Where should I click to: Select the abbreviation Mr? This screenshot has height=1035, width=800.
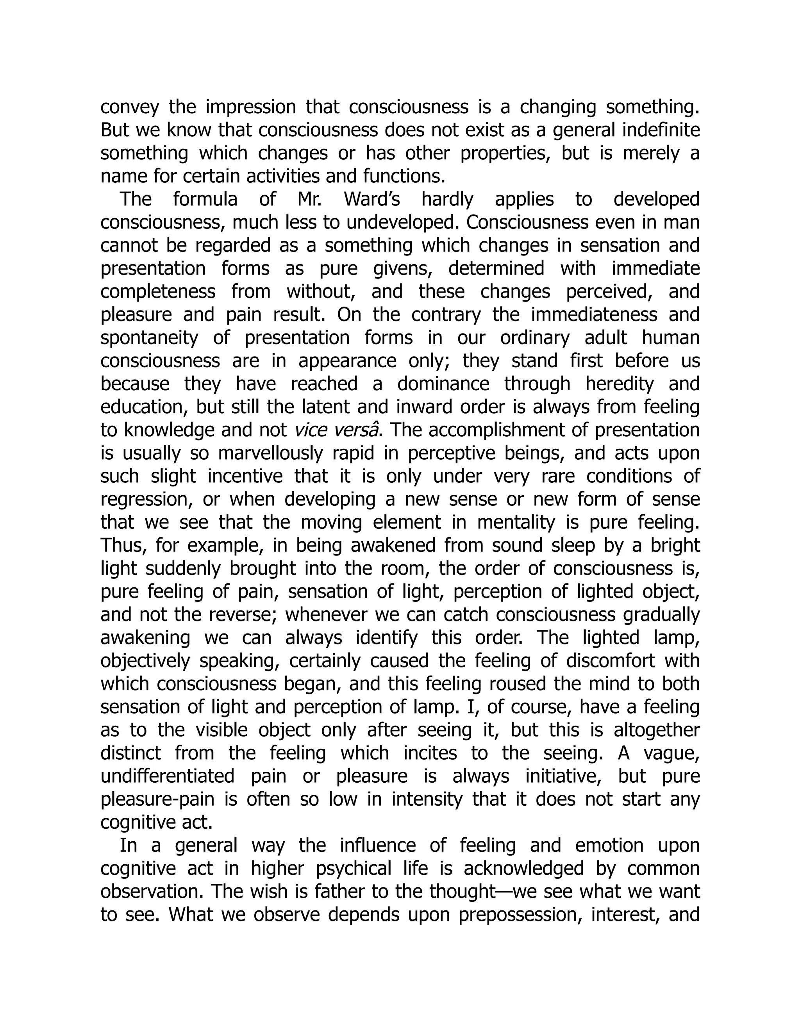[x=309, y=200]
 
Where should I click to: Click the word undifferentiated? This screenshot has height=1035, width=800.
[x=167, y=776]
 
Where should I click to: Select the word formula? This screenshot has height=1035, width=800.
[x=205, y=200]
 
